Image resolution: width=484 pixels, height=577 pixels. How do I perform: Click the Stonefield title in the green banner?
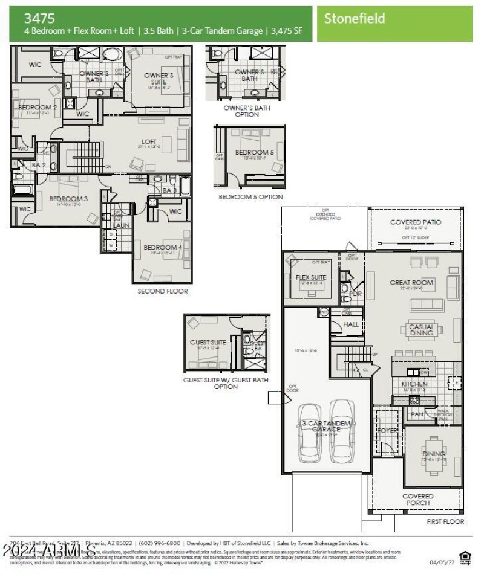[354, 18]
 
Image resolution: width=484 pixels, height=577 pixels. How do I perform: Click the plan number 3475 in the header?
[40, 18]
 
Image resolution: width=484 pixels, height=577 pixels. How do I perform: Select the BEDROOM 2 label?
[38, 108]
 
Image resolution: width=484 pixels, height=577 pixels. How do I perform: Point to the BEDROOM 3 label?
[68, 199]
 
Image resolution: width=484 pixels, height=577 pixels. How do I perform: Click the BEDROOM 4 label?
[163, 247]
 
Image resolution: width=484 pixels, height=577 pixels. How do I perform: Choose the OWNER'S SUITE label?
[159, 79]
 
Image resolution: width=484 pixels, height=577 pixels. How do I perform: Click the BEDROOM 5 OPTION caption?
[250, 197]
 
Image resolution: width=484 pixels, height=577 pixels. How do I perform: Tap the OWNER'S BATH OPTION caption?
[246, 111]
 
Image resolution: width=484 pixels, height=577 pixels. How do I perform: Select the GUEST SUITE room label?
[208, 343]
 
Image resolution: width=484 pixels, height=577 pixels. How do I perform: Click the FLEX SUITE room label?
[311, 277]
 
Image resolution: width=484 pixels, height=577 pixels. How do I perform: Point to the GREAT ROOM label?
[411, 282]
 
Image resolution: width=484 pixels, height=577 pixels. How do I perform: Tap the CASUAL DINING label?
[421, 330]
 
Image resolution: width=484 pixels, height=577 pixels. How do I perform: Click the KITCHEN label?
[414, 384]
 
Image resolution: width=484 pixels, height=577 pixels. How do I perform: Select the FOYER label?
[387, 431]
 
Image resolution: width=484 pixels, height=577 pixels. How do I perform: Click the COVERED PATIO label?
[416, 222]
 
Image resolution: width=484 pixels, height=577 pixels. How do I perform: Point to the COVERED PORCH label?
[418, 500]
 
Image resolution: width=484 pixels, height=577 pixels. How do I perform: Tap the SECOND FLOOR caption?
[163, 291]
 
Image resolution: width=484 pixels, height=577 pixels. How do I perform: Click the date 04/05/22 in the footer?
[441, 562]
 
